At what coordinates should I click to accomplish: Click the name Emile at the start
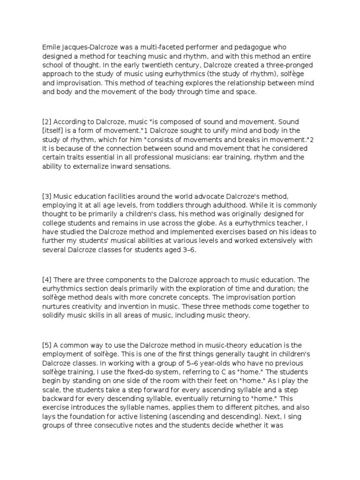pyautogui.click(x=51, y=47)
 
